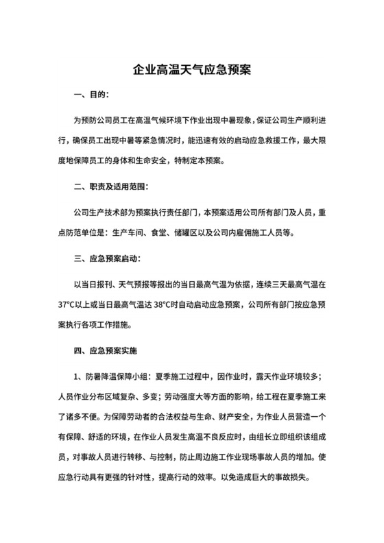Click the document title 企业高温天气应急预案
[x=192, y=71]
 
